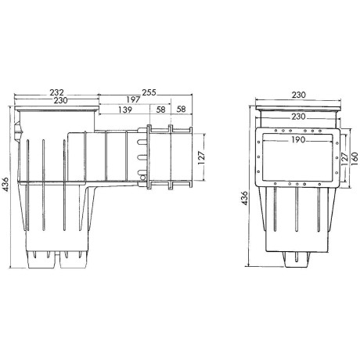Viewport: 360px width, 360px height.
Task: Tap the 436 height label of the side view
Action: pyautogui.click(x=7, y=186)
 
